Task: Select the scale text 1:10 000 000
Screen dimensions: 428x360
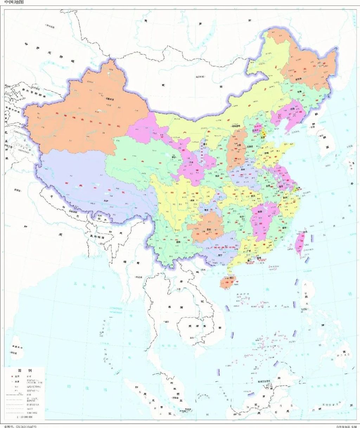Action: (24, 417)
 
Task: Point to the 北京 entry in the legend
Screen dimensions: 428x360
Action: (16, 376)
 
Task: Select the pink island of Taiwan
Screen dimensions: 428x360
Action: (300, 243)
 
